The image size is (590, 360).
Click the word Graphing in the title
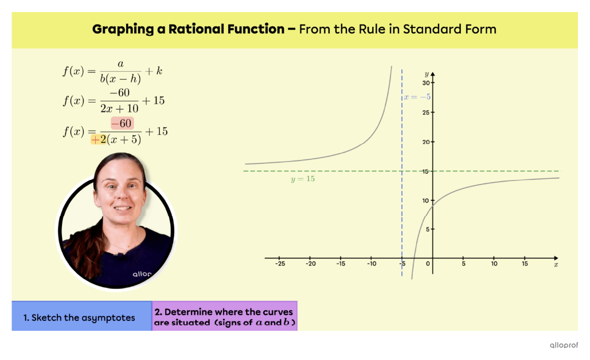(x=123, y=29)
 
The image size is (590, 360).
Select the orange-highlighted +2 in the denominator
(x=99, y=139)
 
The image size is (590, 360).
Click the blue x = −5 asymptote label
(x=417, y=97)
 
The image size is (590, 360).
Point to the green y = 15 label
(x=303, y=179)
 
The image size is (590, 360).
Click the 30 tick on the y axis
(x=425, y=83)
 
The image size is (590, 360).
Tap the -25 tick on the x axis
(x=280, y=264)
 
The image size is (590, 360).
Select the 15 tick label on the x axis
(x=525, y=264)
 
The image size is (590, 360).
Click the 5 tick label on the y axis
(x=427, y=229)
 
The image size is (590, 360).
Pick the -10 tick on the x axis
(x=372, y=264)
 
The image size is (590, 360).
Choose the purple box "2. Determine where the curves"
(x=224, y=317)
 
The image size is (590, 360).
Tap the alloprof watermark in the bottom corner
(x=564, y=345)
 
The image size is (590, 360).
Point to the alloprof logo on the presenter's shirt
(x=142, y=274)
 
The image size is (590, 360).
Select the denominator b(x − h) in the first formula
(x=120, y=79)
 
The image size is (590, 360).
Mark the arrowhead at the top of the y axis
(x=432, y=75)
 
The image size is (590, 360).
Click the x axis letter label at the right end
(x=556, y=264)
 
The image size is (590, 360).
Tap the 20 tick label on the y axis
(x=425, y=142)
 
